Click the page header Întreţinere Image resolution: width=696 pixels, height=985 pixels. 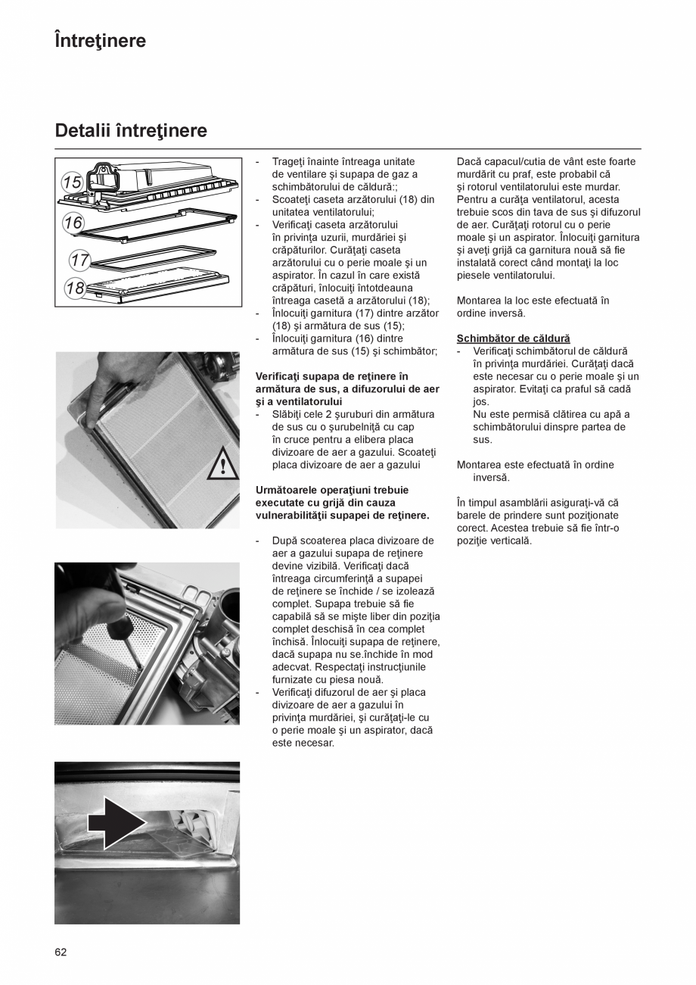pos(100,41)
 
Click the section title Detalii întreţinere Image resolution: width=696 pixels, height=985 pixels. pos(131,131)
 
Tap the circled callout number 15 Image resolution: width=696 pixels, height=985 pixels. pos(72,182)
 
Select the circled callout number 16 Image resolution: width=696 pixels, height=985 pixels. pos(73,223)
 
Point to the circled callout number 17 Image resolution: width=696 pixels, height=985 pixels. pos(79,260)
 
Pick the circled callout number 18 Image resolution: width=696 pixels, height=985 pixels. pos(75,288)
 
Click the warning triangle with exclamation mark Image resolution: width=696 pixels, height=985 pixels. pos(222,463)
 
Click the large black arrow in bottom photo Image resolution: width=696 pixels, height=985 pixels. pos(116,822)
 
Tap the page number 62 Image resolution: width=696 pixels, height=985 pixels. pos(61,952)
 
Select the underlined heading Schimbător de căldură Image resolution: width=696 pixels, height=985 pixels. pos(513,338)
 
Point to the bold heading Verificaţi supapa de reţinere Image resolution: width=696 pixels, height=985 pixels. pos(332,376)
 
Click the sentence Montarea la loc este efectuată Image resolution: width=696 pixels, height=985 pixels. pos(533,301)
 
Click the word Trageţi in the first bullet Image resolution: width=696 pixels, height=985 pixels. pos(288,161)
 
